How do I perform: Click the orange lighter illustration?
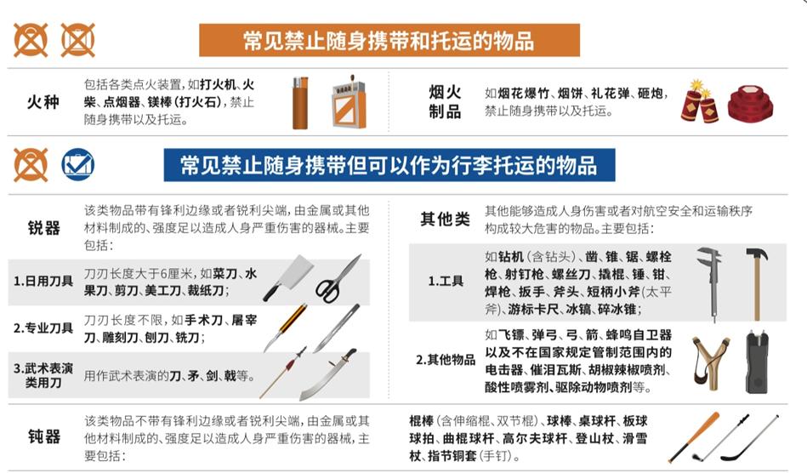click(x=300, y=103)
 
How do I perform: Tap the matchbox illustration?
click(x=349, y=101)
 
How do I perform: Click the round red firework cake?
click(x=750, y=104)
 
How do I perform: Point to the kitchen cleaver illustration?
click(x=288, y=278)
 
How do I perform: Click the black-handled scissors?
click(x=337, y=279)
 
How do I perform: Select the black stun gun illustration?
click(x=758, y=362)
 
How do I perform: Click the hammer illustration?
click(x=757, y=283)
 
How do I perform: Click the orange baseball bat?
click(x=694, y=436)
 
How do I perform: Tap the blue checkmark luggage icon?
click(x=77, y=164)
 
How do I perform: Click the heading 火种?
click(x=43, y=102)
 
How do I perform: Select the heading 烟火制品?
click(x=446, y=102)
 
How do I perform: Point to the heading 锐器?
click(x=43, y=227)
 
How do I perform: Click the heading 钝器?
click(x=44, y=437)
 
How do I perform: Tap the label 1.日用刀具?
click(x=43, y=281)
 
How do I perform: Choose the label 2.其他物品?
click(x=446, y=360)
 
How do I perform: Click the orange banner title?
click(x=389, y=40)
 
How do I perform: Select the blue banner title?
click(x=389, y=165)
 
